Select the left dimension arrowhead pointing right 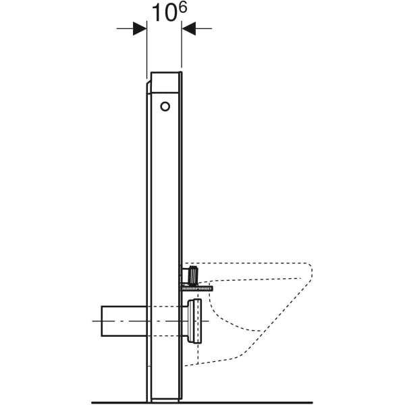pos(139,28)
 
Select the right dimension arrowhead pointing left pos(189,28)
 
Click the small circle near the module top pos(165,106)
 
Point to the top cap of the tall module pos(165,82)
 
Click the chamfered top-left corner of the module pos(148,86)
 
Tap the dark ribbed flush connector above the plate pos(193,275)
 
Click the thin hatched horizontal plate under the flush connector pos(196,288)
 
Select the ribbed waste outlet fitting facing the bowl pos(195,321)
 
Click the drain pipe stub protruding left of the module pos(124,321)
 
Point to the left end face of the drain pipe pos(102,321)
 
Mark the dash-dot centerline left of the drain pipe pos(96,321)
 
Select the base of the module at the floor pos(165,398)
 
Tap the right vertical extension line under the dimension pos(182,54)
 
